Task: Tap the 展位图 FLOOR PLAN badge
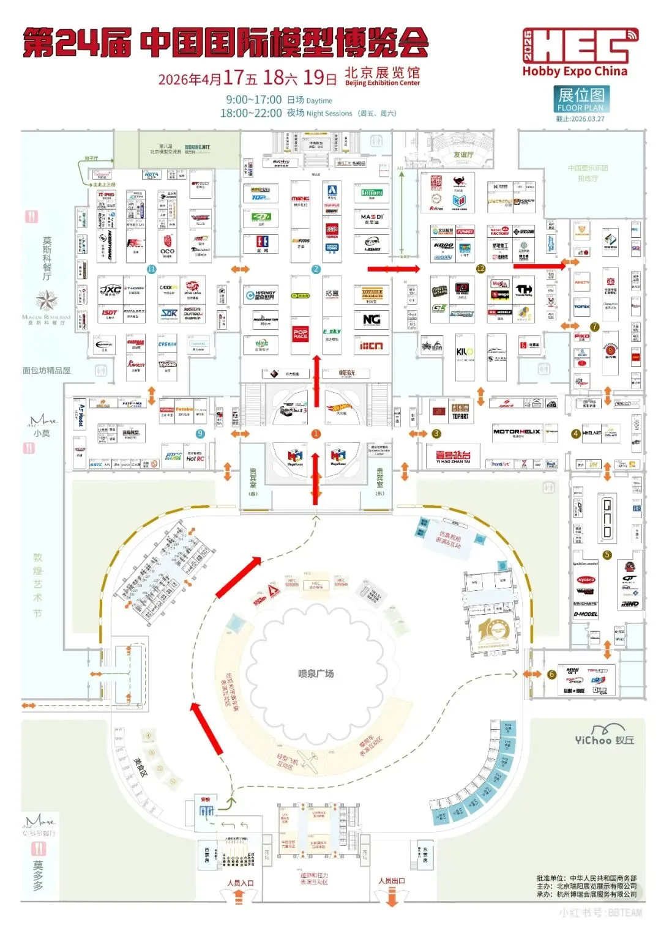581,98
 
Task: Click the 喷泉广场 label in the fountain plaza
316,673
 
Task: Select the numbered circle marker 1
316,434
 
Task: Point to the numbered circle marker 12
480,269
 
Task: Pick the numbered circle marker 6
551,674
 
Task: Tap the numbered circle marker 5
607,555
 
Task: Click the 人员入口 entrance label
240,883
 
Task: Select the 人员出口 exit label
392,881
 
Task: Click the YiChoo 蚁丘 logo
604,736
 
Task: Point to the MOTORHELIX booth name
517,432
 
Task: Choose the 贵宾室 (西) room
253,481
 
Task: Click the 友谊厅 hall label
463,155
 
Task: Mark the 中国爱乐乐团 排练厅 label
588,173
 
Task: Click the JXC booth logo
110,290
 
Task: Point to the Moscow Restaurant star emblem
46,300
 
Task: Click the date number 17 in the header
233,78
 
